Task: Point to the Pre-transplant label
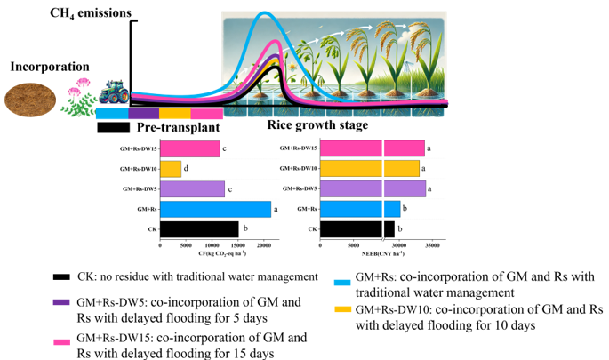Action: pos(177,130)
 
